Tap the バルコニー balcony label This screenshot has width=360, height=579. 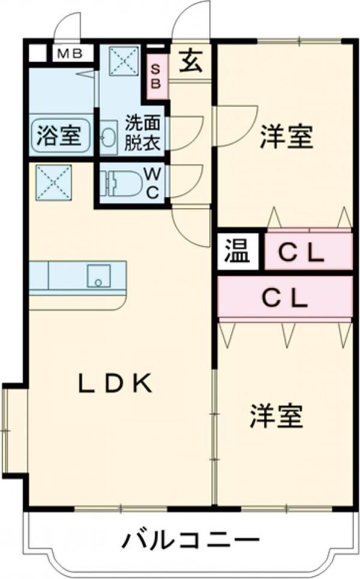click(191, 538)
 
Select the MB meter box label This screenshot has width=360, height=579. click(71, 54)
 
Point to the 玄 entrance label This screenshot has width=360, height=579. click(190, 62)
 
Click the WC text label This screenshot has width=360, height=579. click(153, 184)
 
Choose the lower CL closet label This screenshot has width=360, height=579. click(284, 296)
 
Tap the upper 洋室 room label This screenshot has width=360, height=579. click(286, 138)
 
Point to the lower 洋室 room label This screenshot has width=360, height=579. click(276, 416)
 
